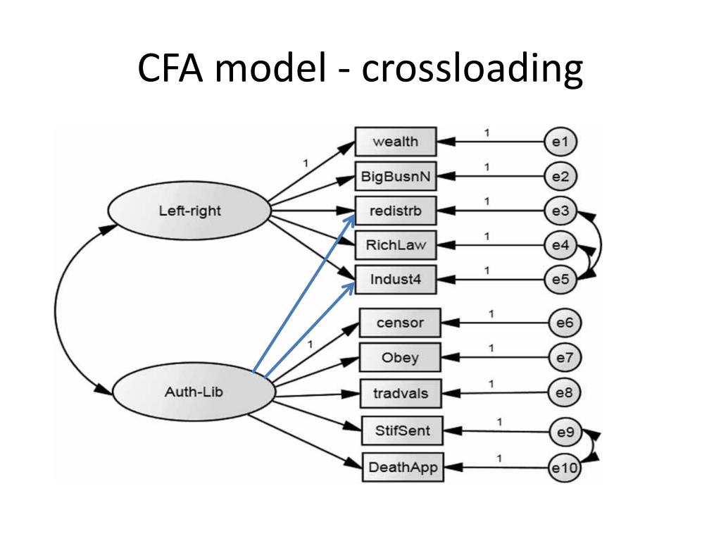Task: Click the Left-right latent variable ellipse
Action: click(x=189, y=210)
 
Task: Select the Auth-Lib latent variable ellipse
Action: click(x=193, y=392)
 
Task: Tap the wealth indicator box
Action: click(x=395, y=142)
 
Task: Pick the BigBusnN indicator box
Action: click(x=395, y=176)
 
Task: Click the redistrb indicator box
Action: click(x=395, y=211)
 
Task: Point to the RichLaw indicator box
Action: click(x=395, y=245)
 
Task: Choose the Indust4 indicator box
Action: click(x=395, y=280)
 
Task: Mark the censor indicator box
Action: click(x=400, y=323)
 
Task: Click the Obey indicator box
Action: click(x=400, y=358)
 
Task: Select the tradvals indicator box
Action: click(x=400, y=393)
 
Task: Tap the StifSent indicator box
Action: click(x=403, y=430)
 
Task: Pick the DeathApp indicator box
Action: click(x=403, y=466)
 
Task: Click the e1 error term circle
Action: click(x=560, y=142)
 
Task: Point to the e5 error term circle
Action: click(x=560, y=280)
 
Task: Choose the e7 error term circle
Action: click(x=565, y=358)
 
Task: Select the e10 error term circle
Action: click(x=565, y=466)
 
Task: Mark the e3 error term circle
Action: click(x=560, y=211)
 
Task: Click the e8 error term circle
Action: click(x=565, y=393)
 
